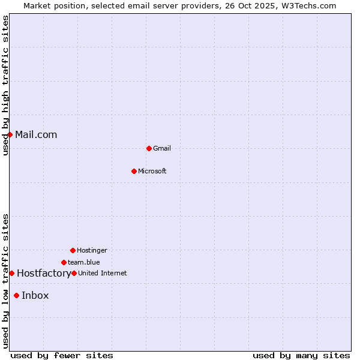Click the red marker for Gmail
click(149, 148)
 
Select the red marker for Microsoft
click(134, 171)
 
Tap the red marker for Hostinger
click(73, 250)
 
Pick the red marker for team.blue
click(64, 262)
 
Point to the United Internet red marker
click(74, 273)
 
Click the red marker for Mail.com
click(10, 134)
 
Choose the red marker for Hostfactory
click(11, 273)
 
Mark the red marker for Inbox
click(16, 295)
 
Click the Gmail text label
click(162, 148)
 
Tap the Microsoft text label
click(152, 171)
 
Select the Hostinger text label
click(92, 250)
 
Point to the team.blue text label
click(84, 262)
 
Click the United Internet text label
click(103, 273)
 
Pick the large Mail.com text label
click(36, 134)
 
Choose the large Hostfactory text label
click(44, 273)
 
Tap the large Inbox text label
click(35, 295)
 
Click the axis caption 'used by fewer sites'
click(62, 355)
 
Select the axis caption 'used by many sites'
click(301, 355)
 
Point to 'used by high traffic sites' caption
click(5, 85)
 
